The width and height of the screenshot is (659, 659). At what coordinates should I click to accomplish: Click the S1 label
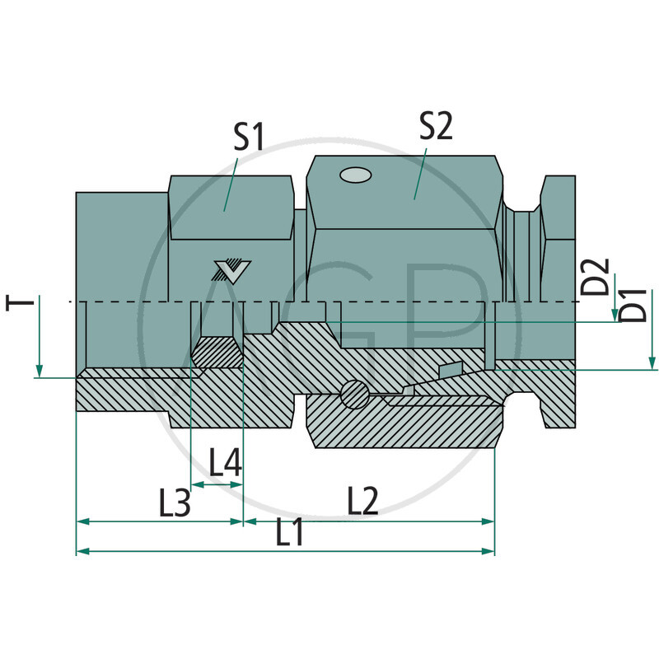click(x=249, y=137)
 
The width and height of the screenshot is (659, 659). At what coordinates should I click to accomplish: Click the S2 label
click(x=435, y=125)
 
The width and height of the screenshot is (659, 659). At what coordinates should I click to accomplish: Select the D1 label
click(x=633, y=306)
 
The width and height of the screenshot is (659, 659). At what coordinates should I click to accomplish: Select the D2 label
click(x=599, y=276)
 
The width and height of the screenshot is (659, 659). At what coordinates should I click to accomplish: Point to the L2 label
click(x=362, y=500)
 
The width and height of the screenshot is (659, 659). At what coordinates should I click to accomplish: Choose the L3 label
click(x=175, y=502)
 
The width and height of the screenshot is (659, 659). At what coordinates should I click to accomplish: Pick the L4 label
click(x=225, y=464)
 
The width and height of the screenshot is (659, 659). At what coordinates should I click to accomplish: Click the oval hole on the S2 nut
click(x=356, y=175)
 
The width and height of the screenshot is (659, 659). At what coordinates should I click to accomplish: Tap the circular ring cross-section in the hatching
click(x=353, y=394)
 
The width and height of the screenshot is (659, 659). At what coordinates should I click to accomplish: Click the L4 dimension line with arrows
click(x=217, y=484)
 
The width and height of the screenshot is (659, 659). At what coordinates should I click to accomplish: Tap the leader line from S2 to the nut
click(x=420, y=173)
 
